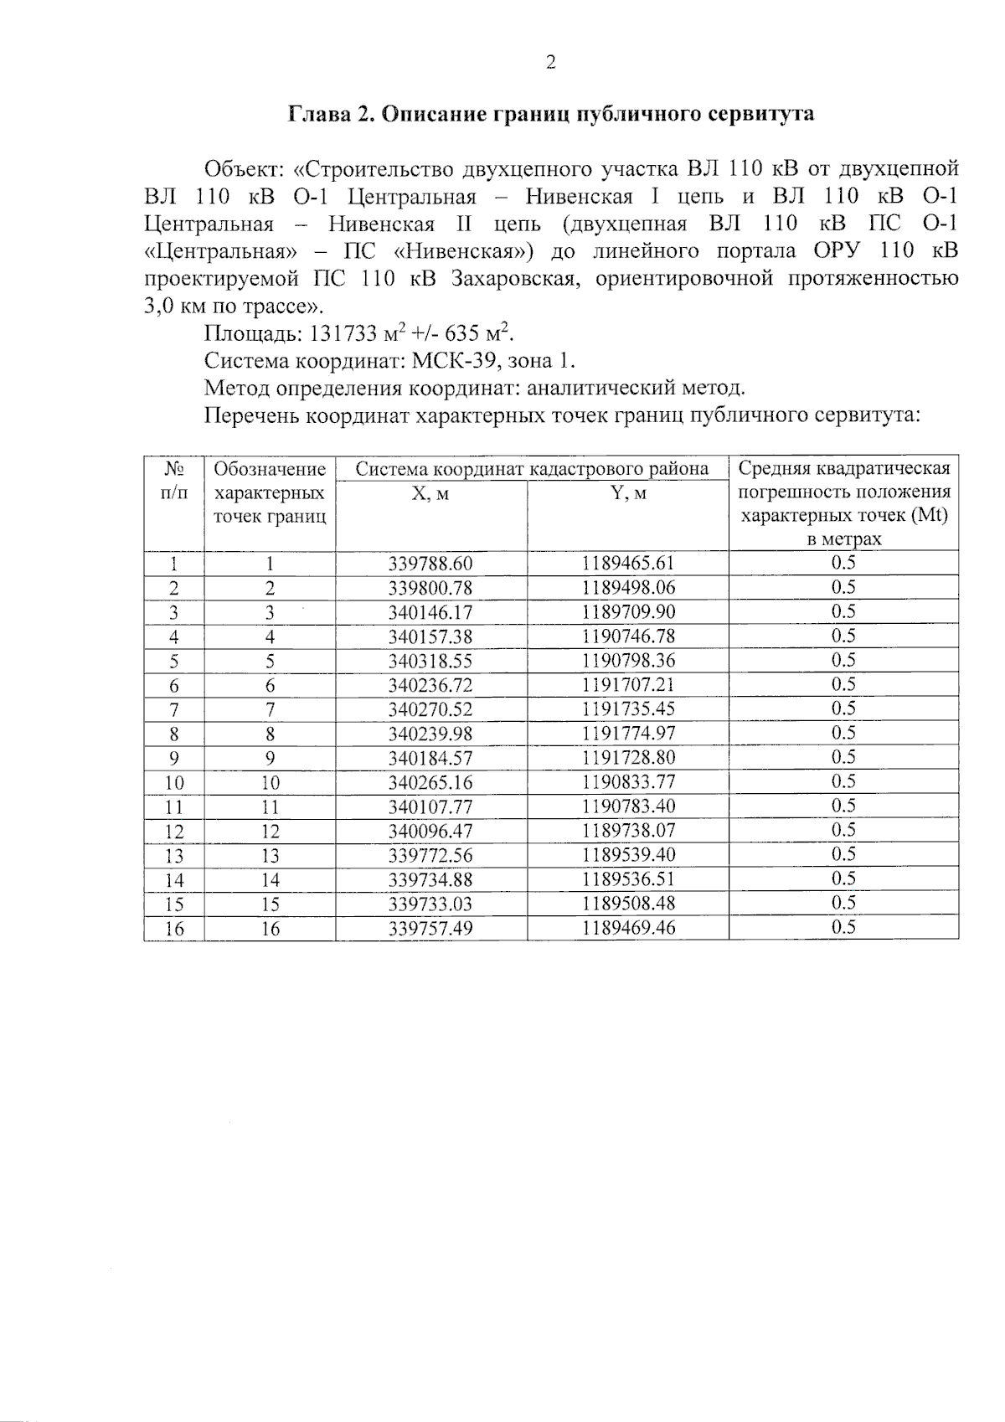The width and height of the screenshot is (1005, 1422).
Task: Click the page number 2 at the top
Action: pos(550,63)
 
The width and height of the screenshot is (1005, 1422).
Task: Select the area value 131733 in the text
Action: pos(343,334)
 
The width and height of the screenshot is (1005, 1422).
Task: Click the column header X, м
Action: pos(430,494)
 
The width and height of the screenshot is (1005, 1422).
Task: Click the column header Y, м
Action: pos(628,494)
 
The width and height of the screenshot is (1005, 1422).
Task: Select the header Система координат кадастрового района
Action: pos(532,469)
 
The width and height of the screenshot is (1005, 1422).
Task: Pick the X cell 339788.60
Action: pos(430,563)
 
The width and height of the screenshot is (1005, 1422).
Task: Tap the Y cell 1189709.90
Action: pos(628,612)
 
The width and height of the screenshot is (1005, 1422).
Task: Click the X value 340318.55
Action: pos(430,661)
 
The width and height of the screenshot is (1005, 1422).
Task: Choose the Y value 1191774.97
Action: pos(628,734)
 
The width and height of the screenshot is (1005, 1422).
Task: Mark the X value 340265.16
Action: pos(430,782)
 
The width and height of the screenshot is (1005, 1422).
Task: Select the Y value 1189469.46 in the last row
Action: pos(628,928)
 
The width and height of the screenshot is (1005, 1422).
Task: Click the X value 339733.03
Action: pos(430,904)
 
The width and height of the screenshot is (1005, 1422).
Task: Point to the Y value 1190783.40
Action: pos(628,806)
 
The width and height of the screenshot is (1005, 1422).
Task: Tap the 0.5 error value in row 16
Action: pos(843,927)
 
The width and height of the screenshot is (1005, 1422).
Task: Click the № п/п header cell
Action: pos(173,480)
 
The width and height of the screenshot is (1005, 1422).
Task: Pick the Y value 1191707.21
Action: pos(628,685)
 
